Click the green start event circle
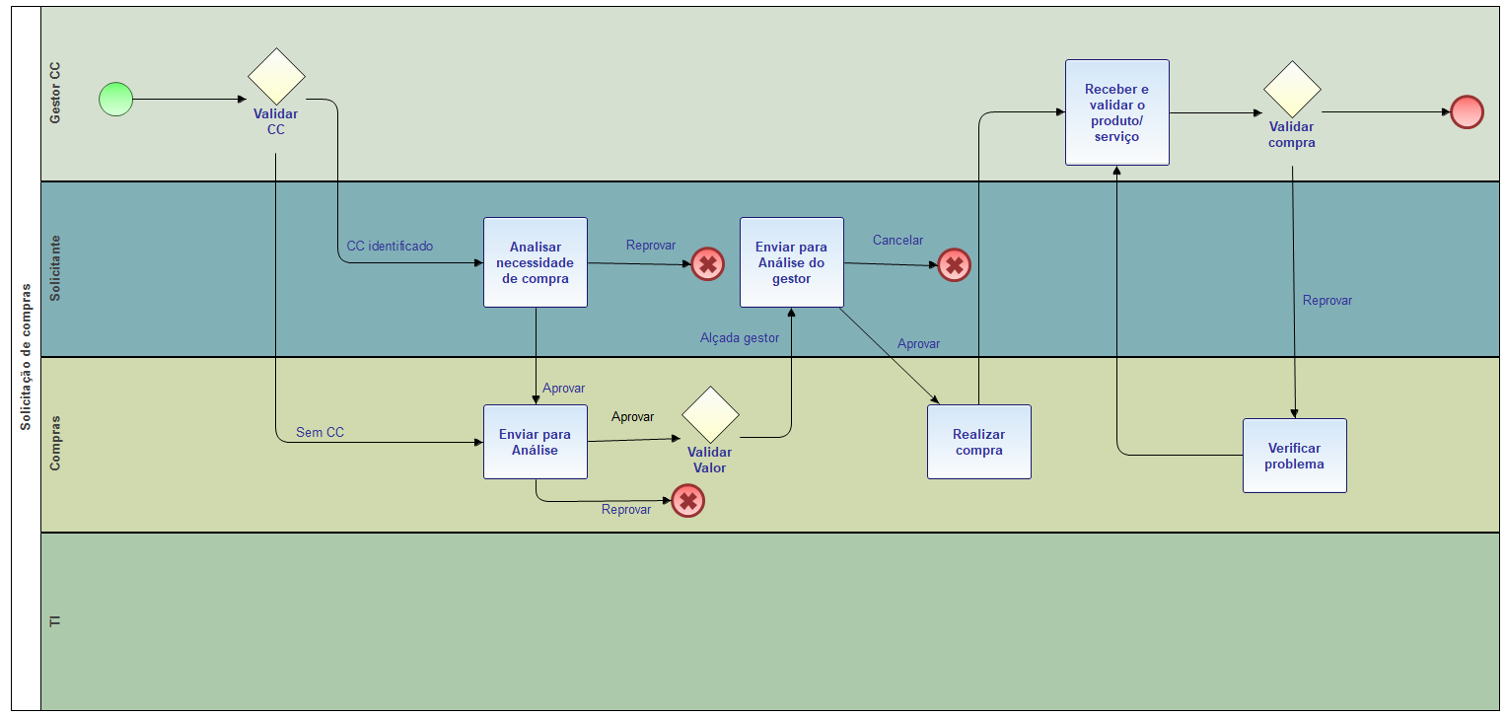click(115, 100)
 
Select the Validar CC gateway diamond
click(276, 76)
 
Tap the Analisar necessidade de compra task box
click(536, 262)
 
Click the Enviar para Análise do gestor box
click(792, 262)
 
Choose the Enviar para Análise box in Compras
click(536, 442)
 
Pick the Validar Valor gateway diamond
click(710, 414)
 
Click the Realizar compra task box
click(979, 442)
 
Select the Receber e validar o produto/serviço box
click(1117, 112)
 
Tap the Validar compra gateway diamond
click(1292, 89)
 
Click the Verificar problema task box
click(1295, 456)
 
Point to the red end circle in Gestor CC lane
click(1468, 111)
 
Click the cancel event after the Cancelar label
click(954, 264)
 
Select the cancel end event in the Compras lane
click(688, 501)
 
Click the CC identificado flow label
click(390, 246)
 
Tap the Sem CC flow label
click(321, 432)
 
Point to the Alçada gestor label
click(740, 337)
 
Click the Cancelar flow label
click(897, 240)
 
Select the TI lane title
click(55, 621)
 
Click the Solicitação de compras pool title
click(26, 357)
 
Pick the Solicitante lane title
click(55, 268)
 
